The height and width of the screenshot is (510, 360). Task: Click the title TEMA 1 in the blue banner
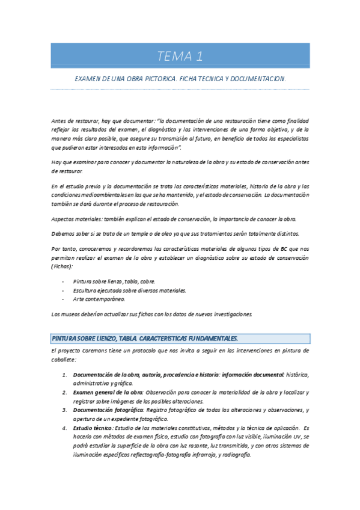[180, 57]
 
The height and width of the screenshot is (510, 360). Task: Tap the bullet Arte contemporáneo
[99, 298]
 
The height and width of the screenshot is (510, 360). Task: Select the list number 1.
[65, 375]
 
